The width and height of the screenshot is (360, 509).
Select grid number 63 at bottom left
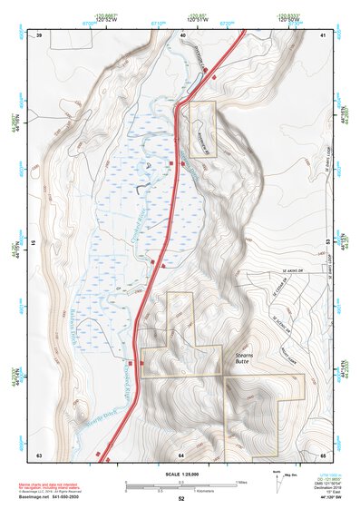coord(39,454)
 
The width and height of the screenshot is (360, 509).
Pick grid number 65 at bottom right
coord(324,454)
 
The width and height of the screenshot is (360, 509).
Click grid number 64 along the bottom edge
coord(181,454)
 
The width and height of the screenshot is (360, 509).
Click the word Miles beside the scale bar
coord(242,482)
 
